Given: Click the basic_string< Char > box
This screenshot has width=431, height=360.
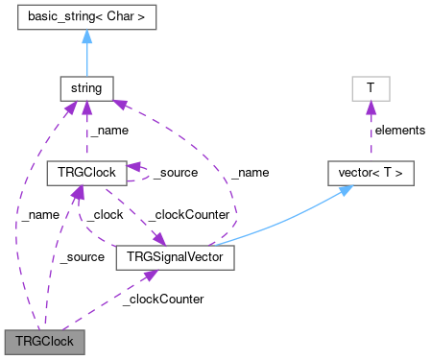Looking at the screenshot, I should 86,16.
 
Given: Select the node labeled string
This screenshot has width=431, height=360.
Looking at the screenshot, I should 86,89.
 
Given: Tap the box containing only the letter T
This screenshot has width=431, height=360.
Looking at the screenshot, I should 370,89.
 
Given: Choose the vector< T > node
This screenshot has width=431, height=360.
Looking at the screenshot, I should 370,174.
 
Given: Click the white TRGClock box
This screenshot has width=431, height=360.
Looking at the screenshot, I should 81,174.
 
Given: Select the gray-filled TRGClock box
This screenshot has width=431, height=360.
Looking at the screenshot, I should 44,341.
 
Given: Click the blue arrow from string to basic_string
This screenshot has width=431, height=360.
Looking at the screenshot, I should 86,58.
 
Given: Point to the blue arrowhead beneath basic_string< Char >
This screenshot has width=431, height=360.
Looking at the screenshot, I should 86,36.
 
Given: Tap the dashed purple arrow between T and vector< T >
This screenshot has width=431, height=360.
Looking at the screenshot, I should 370,134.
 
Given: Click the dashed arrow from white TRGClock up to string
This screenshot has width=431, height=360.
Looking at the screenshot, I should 86,134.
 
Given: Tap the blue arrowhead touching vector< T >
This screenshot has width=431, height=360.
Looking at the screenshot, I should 343,191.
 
